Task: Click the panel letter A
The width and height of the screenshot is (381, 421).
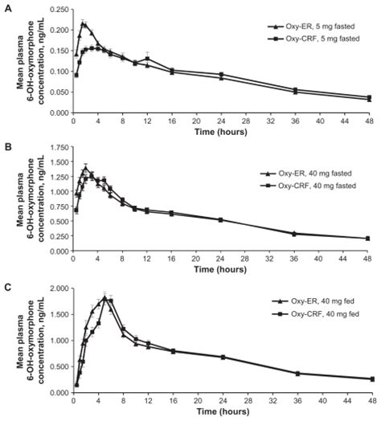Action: tap(7, 8)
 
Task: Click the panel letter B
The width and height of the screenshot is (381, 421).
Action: tap(7, 148)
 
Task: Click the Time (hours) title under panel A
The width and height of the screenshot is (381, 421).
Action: tap(219, 130)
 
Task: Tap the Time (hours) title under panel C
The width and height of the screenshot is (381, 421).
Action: tap(219, 411)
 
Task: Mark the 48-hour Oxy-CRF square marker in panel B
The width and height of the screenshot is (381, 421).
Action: tap(368, 238)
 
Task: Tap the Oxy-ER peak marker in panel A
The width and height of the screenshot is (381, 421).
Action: tap(82, 24)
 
